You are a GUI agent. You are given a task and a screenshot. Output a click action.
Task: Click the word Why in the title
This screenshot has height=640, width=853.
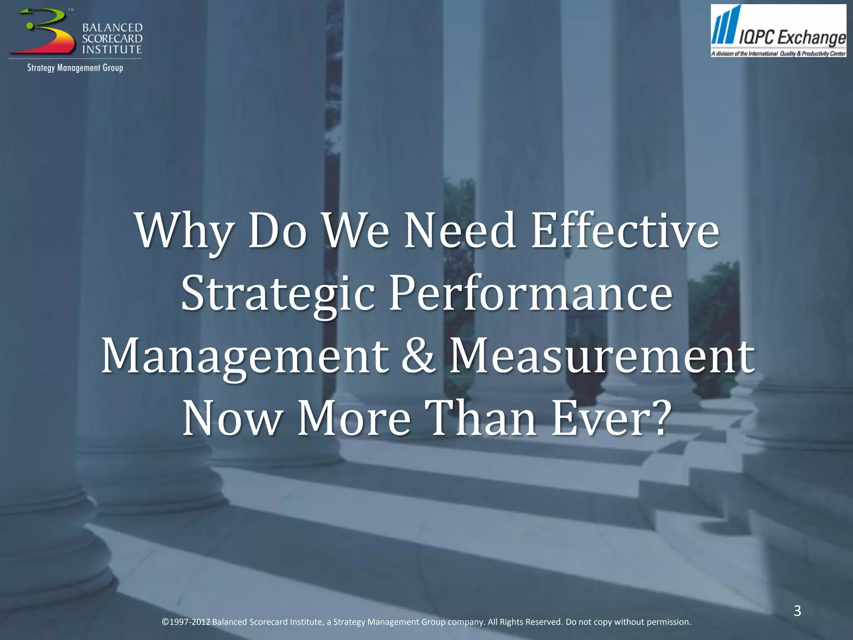184,232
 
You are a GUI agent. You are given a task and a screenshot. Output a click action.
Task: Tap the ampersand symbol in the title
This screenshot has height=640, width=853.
418,357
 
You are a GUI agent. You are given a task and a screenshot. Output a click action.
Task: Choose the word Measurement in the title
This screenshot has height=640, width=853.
602,357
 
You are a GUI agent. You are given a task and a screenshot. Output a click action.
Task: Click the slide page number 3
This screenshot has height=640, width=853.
797,611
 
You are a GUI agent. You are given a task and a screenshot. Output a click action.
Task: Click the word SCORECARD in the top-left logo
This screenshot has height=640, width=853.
112,39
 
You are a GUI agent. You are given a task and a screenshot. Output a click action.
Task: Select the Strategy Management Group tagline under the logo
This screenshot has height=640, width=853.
75,68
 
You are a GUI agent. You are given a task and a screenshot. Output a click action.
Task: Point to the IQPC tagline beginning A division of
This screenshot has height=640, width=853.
778,54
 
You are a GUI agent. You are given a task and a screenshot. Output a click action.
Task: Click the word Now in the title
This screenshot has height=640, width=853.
232,418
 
